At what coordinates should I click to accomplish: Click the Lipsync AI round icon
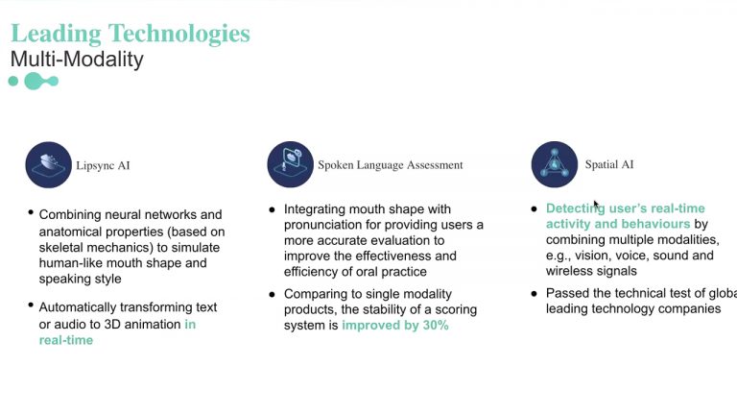pos(48,165)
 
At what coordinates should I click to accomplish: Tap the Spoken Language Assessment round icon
pos(290,164)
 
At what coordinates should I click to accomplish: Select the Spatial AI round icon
pos(554,164)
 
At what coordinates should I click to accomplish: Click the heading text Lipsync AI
pos(103,165)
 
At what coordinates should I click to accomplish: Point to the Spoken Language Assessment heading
pos(391,164)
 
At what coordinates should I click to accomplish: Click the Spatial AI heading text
pos(609,164)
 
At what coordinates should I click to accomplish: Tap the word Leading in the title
pos(56,34)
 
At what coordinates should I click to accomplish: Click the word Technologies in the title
pos(179,34)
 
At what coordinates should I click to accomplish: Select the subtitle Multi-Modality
pos(77,60)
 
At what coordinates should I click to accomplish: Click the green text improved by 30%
pos(394,325)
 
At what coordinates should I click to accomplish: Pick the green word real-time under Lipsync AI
pos(66,340)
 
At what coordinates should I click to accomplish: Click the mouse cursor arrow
pos(596,205)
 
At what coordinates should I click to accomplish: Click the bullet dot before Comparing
pos(272,295)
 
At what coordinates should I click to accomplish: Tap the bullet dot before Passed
pos(534,294)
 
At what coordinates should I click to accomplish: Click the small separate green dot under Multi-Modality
pos(13,82)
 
